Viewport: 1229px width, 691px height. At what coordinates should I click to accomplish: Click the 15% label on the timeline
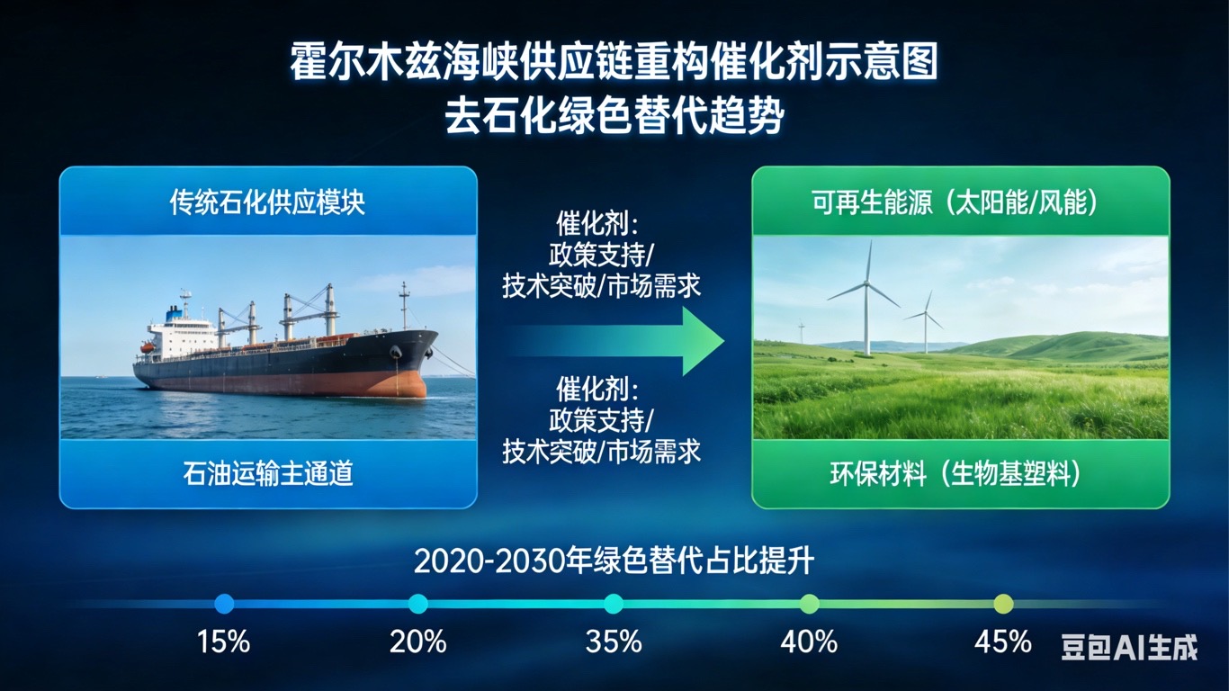223,641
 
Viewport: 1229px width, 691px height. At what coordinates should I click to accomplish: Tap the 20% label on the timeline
417,641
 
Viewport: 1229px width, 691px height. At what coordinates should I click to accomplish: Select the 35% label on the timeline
614,641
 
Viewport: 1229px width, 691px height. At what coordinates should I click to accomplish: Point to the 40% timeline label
809,641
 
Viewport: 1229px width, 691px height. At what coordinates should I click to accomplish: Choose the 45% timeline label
1003,641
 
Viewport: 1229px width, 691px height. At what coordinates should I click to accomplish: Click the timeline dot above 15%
224,604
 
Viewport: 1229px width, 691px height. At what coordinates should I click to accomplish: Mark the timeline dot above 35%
614,604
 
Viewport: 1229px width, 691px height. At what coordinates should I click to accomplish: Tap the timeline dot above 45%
1003,604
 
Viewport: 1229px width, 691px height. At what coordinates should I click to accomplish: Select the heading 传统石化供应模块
267,202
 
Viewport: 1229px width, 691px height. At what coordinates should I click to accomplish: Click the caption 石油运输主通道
268,473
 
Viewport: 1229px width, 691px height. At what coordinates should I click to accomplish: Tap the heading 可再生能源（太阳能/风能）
955,202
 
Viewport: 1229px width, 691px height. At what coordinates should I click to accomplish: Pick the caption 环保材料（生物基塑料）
955,473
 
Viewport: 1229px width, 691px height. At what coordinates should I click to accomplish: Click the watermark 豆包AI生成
1129,647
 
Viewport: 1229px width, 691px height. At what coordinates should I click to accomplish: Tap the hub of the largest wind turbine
866,283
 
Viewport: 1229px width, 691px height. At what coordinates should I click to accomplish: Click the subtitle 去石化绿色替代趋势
614,116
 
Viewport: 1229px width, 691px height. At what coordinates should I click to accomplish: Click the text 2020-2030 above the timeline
489,561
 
